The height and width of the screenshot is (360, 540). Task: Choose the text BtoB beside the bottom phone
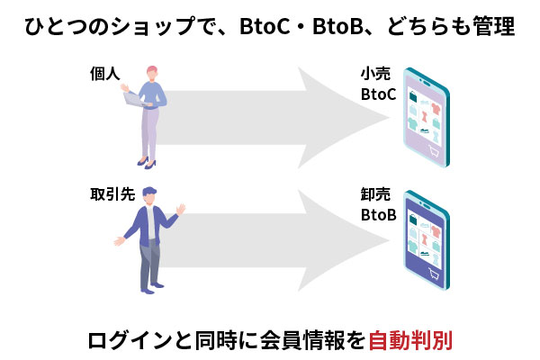click(x=378, y=214)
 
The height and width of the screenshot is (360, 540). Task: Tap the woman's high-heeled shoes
click(x=147, y=162)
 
